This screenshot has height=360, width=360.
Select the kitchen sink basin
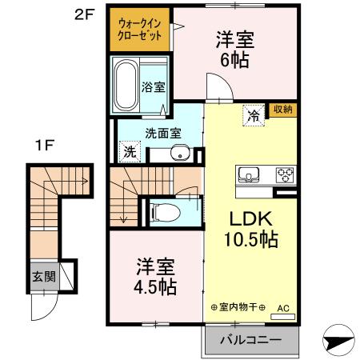point(246,174)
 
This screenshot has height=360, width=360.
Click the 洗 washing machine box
point(130,151)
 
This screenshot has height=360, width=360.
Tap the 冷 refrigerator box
point(253,114)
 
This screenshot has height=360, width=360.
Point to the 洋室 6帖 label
point(234,48)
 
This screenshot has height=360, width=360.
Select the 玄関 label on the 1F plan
point(44,277)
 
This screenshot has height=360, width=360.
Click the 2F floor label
point(86,14)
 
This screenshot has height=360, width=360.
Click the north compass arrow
point(339,339)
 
